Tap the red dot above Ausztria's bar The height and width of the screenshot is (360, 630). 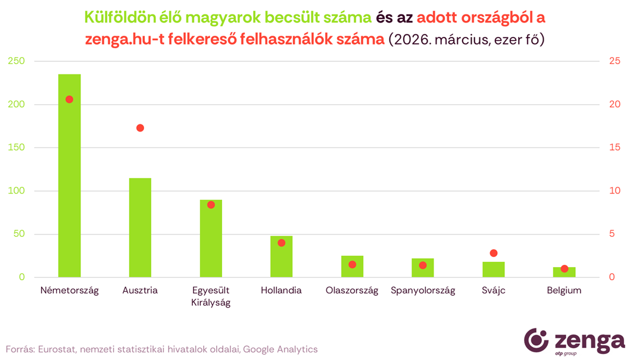point(140,128)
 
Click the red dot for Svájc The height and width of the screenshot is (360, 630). point(493,253)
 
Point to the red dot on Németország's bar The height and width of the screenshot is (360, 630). point(69,99)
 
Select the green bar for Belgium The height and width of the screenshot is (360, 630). point(564,273)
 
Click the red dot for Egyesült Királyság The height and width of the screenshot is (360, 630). point(211,205)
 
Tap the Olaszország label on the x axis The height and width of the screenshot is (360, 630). point(352,291)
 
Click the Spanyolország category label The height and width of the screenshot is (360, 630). point(423,291)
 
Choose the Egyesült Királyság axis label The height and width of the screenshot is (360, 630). point(211,296)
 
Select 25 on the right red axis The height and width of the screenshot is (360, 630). point(615,61)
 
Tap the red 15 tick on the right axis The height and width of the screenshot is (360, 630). point(614,148)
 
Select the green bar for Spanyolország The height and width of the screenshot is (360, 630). point(423,268)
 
